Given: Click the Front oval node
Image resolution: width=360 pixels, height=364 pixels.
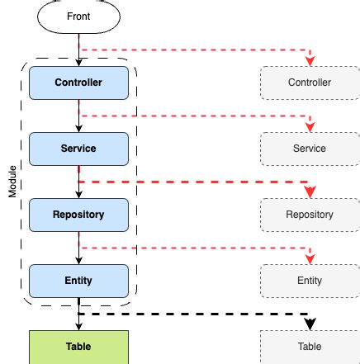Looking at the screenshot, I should tap(78, 17).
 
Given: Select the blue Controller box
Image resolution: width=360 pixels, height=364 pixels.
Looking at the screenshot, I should tap(78, 83).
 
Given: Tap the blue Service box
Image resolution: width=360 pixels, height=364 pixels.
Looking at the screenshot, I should tap(78, 149).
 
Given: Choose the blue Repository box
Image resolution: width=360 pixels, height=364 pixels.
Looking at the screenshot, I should tap(78, 215).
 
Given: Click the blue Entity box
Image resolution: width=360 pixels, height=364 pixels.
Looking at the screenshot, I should tap(78, 281).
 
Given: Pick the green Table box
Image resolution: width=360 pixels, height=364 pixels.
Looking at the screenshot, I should tap(78, 347).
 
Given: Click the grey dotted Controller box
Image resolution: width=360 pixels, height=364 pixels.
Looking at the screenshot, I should tap(310, 83).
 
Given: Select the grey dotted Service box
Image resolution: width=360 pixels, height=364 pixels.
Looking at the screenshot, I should tap(310, 149).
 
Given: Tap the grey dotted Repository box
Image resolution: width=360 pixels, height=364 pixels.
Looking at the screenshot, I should tap(310, 215).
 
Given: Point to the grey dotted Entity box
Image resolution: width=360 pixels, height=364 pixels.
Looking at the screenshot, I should tap(310, 281).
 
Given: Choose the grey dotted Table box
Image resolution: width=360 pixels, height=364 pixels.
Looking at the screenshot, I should tap(310, 347).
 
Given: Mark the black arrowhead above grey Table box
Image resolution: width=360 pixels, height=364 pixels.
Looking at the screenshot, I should tap(310, 324).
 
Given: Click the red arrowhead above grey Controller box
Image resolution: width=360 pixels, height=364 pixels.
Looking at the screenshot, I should tap(310, 61).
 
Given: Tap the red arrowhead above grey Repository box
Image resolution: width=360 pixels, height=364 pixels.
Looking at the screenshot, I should tap(310, 192).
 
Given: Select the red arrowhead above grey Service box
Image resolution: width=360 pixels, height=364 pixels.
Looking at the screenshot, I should tap(310, 127).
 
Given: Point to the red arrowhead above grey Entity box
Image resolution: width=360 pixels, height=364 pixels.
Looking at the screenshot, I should tap(310, 259).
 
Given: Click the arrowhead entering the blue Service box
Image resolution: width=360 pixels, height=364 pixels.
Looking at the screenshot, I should tap(78, 129).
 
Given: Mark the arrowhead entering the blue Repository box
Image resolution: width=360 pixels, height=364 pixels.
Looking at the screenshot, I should tap(78, 195).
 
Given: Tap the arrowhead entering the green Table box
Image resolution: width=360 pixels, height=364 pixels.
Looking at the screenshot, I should tap(78, 327).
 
